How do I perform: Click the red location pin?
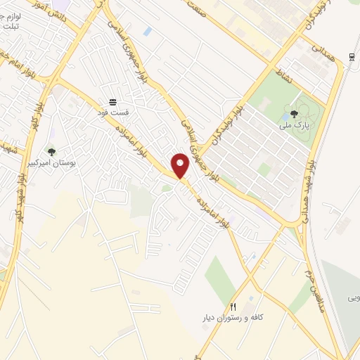pyautogui.click(x=180, y=166)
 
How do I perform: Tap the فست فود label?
pyautogui.click(x=112, y=111)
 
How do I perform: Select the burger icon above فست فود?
pyautogui.click(x=112, y=101)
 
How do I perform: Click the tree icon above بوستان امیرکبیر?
pyautogui.click(x=51, y=151)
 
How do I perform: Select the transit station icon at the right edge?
pyautogui.click(x=352, y=57)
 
